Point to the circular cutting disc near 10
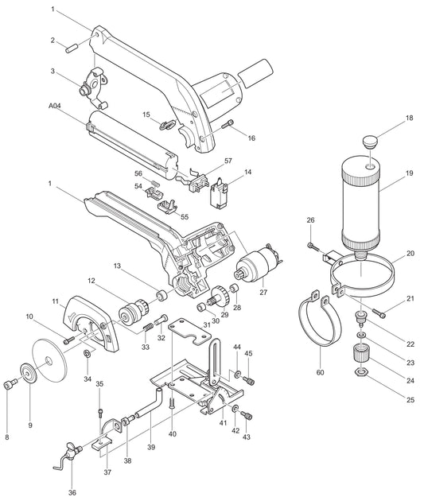click(x=51, y=363)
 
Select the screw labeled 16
click(x=230, y=123)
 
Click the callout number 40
click(x=173, y=434)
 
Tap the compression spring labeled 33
click(x=149, y=328)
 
